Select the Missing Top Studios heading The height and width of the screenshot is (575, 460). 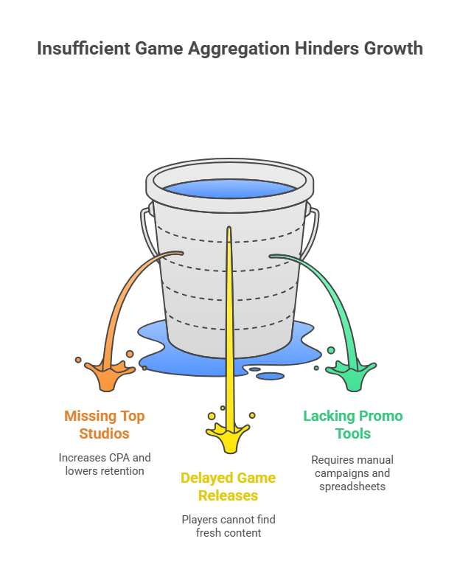pyautogui.click(x=105, y=424)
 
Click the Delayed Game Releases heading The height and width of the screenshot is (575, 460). pyautogui.click(x=229, y=486)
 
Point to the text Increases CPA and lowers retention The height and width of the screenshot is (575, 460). pyautogui.click(x=105, y=464)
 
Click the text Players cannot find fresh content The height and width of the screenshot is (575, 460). pyautogui.click(x=229, y=526)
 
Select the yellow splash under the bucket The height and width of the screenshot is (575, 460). pyautogui.click(x=229, y=438)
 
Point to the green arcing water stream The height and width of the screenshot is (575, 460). pyautogui.click(x=324, y=287)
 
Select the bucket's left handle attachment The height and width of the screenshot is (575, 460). pyautogui.click(x=144, y=218)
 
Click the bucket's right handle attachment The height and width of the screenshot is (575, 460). pyautogui.click(x=315, y=218)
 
